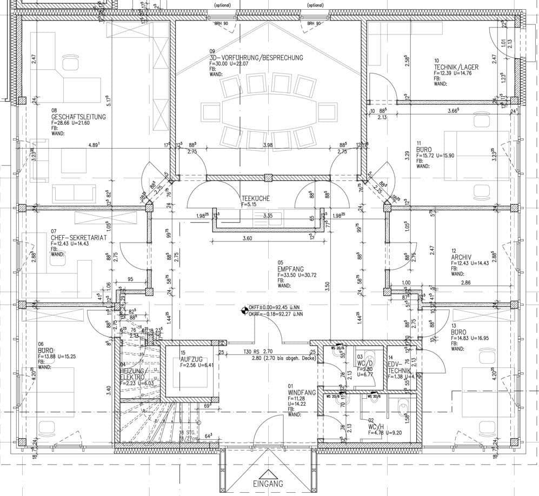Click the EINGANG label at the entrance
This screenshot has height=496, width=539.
pyautogui.click(x=268, y=484)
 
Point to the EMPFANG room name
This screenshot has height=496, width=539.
pyautogui.click(x=291, y=269)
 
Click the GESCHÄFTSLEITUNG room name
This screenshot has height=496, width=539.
pyautogui.click(x=78, y=117)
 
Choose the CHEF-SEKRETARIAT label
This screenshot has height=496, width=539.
pyautogui.click(x=78, y=237)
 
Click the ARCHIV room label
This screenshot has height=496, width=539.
pyautogui.click(x=462, y=257)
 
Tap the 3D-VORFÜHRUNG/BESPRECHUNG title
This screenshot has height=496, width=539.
pyautogui.click(x=256, y=57)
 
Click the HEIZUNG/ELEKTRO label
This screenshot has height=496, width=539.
pyautogui.click(x=132, y=373)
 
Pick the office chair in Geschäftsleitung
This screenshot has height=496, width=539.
pyautogui.click(x=70, y=64)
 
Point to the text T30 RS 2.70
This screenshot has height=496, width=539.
pyautogui.click(x=256, y=352)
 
